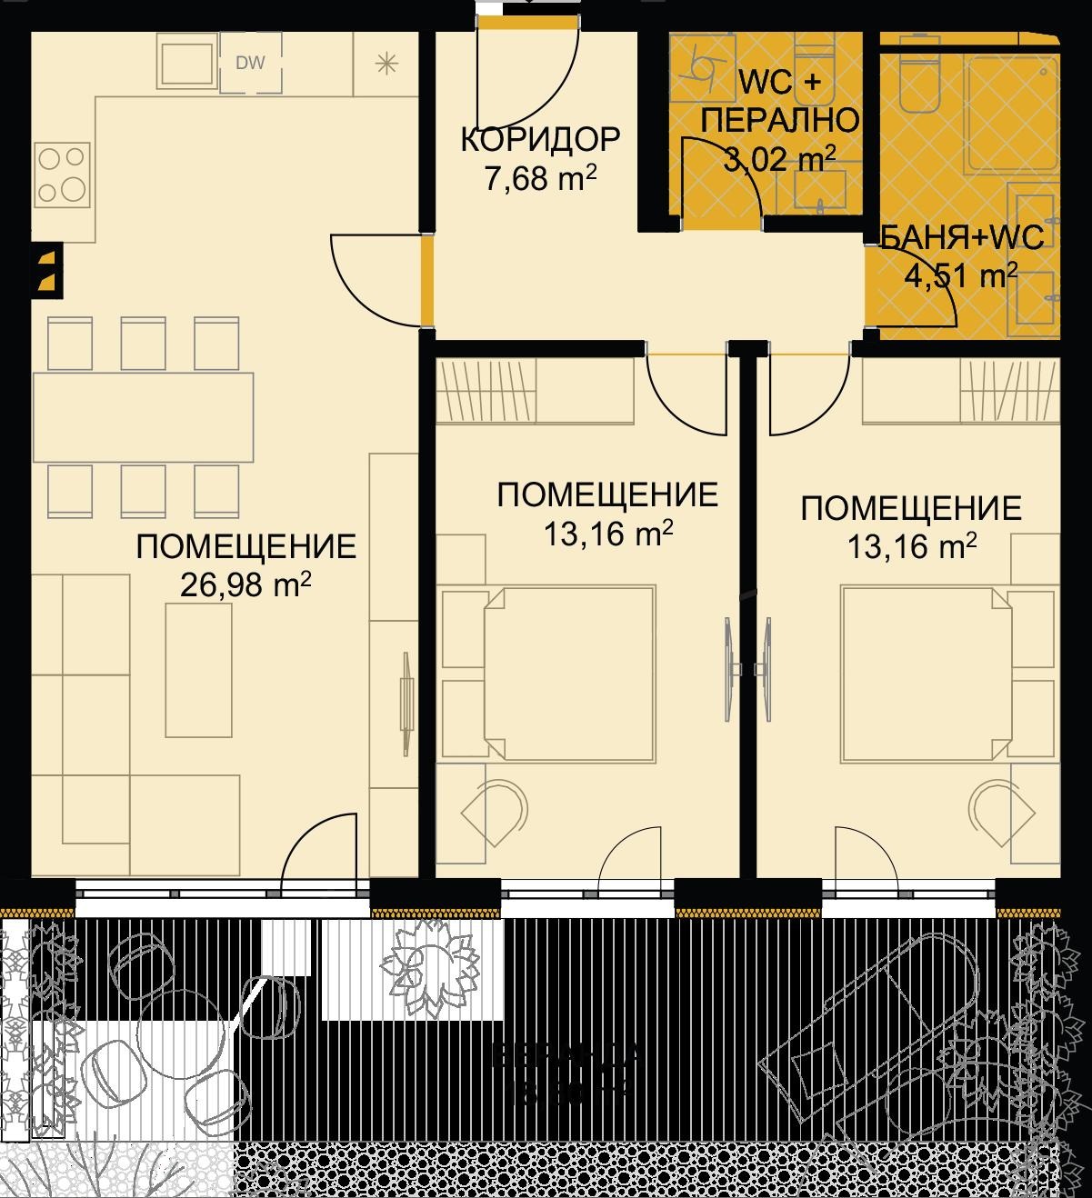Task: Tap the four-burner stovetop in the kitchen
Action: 63,175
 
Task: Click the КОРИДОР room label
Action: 540,140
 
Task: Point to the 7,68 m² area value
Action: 540,178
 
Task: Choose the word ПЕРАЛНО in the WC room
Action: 781,120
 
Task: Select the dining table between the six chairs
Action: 143,417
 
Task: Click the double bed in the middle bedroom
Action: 567,673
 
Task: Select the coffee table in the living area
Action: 198,670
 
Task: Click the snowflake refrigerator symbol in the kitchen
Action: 386,63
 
